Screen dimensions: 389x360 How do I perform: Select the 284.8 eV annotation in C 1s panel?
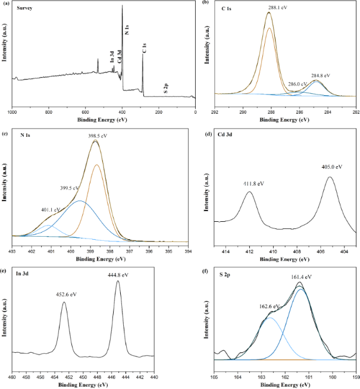[320, 76]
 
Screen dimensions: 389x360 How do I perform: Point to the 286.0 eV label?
[298, 84]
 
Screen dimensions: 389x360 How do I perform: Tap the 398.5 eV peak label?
[96, 136]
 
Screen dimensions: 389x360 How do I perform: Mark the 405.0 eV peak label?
[332, 167]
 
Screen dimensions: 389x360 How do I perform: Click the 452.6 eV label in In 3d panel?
[65, 294]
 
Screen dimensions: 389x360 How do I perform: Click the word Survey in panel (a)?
[25, 10]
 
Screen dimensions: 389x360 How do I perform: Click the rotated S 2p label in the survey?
[165, 90]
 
